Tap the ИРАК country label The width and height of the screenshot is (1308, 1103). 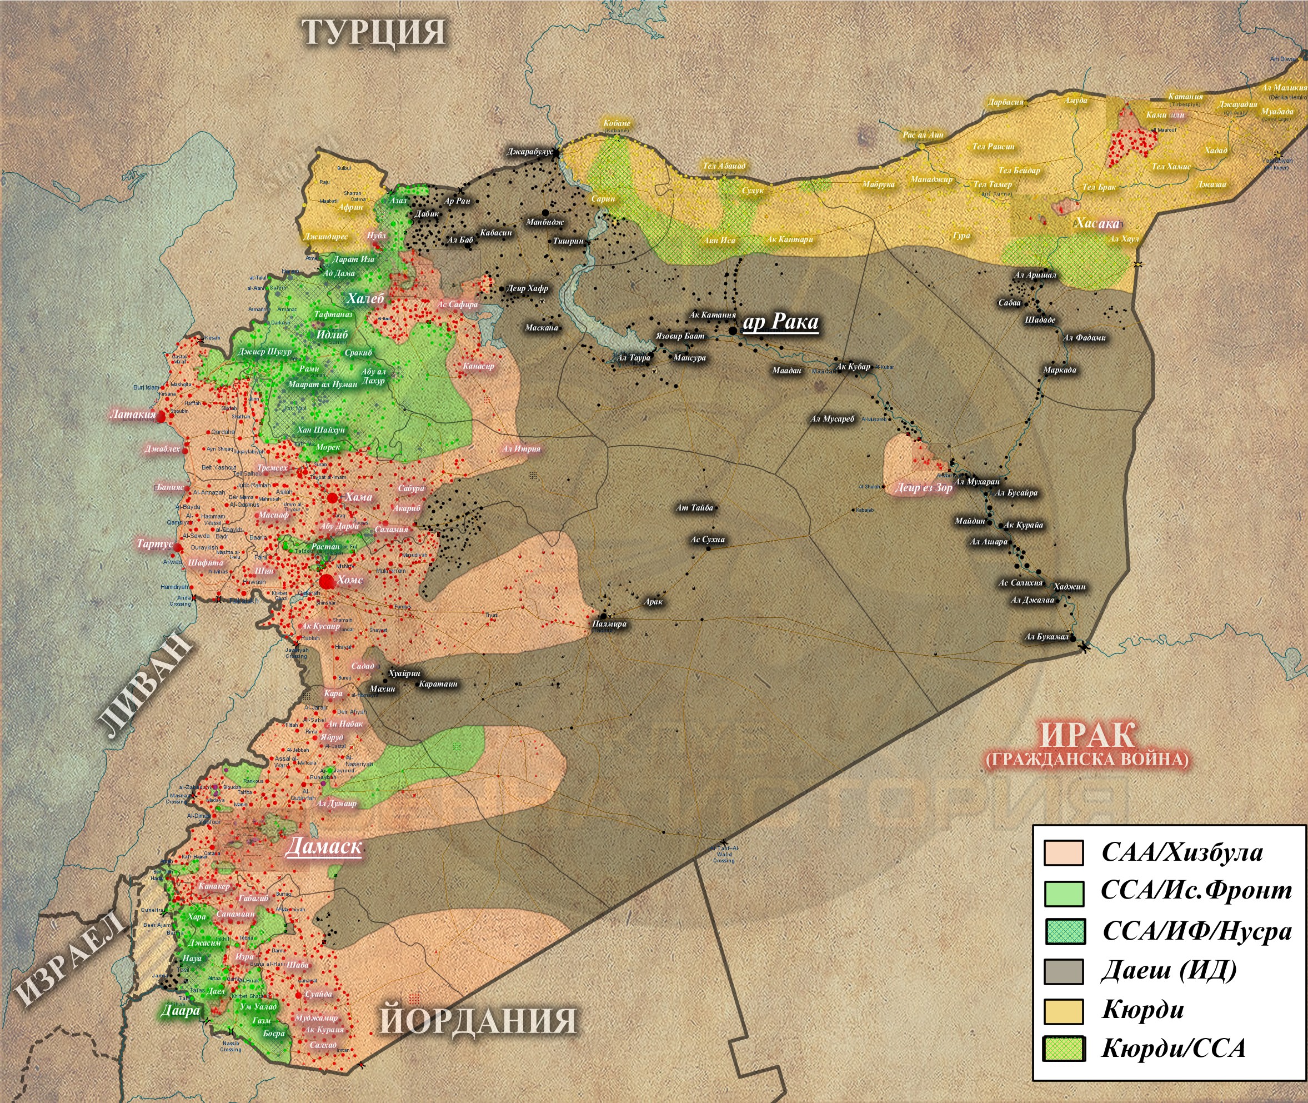tap(1087, 735)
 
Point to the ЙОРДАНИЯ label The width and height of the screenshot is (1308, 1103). tap(478, 1020)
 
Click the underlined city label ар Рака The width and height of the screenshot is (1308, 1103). tap(780, 322)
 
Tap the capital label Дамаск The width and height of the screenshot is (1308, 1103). tap(324, 847)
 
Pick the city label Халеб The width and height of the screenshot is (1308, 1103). tap(365, 298)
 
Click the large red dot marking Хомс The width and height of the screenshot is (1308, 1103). tap(326, 582)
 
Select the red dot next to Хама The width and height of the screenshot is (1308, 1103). tap(333, 498)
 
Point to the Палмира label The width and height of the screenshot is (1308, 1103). tap(609, 624)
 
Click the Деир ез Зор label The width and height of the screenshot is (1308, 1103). tap(923, 488)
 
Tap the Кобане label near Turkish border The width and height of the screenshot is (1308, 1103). tap(617, 123)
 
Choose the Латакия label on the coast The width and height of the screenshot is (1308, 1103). tap(133, 414)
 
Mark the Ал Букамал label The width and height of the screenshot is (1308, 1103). tap(1047, 637)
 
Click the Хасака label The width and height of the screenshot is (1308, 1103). tap(1097, 223)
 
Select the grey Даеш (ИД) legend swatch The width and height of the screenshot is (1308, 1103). tap(1064, 972)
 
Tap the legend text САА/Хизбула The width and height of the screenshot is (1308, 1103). tap(1182, 853)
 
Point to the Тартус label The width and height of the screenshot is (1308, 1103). tap(154, 543)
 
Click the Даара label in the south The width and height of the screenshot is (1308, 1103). tap(181, 1010)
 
